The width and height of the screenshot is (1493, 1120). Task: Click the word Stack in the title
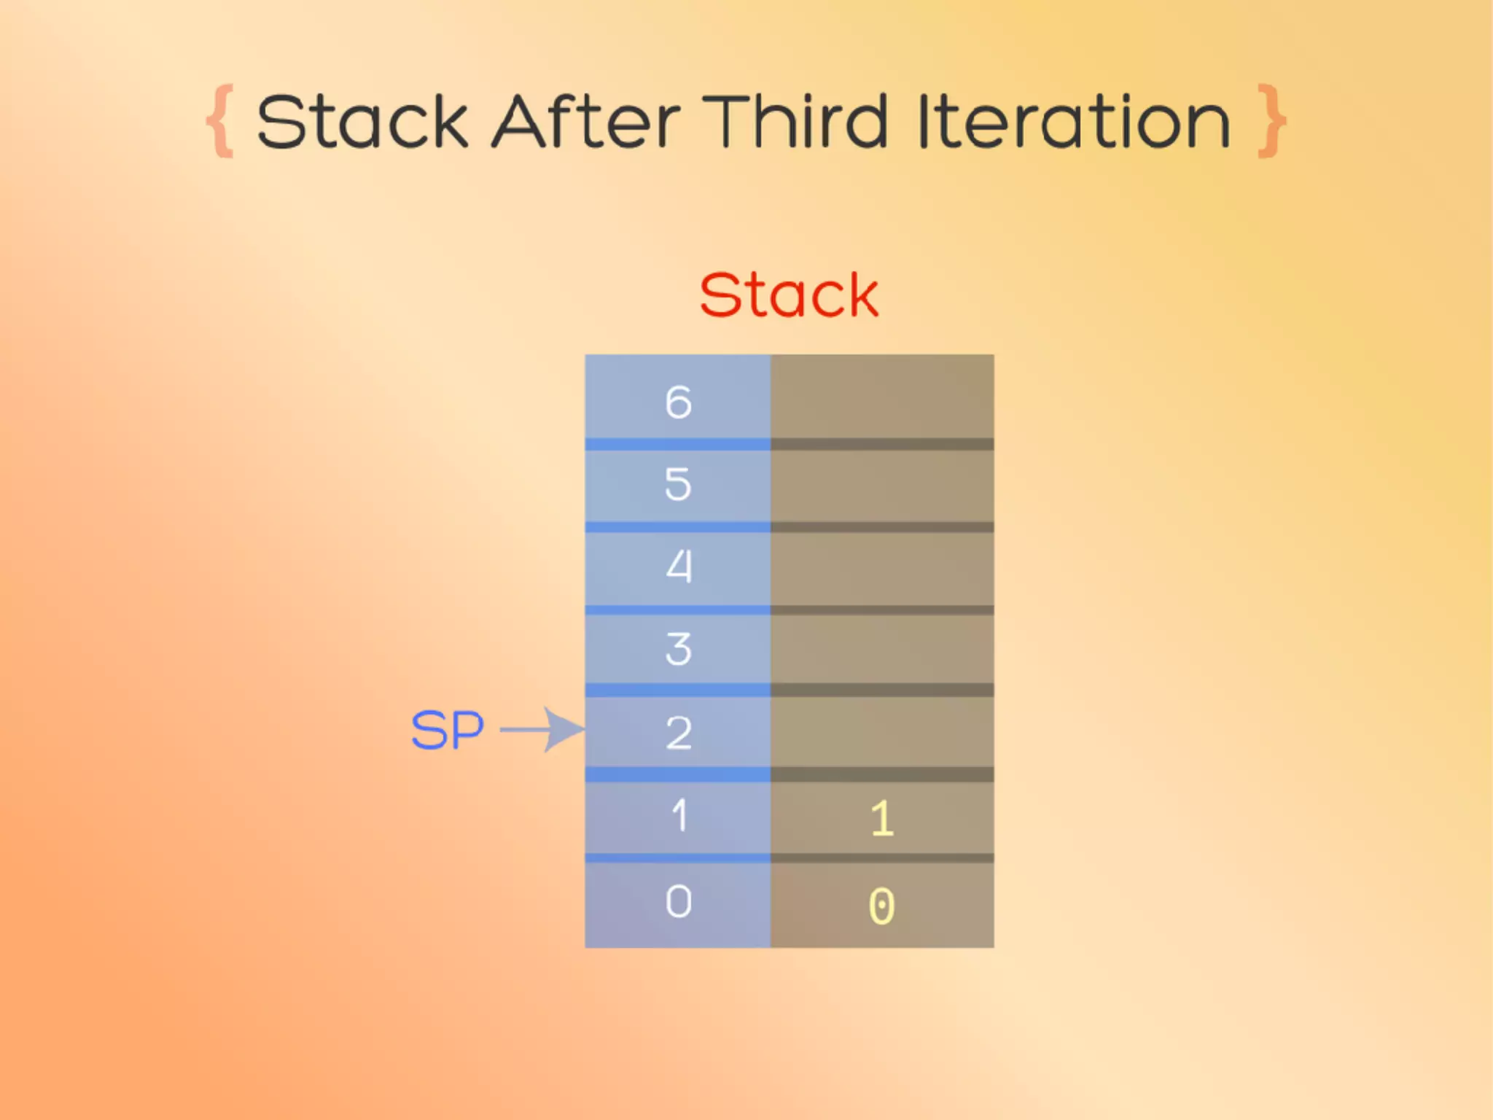362,122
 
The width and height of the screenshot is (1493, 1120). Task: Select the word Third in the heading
794,122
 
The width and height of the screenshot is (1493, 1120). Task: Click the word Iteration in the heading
1074,122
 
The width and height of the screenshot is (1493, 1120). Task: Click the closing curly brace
1271,121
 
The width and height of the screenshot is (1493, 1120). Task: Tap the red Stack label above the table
789,295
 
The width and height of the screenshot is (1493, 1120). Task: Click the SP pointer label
447,731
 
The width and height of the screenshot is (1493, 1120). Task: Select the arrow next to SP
543,729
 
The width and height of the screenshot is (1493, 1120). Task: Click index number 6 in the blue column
678,402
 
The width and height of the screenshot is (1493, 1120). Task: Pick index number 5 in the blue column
678,484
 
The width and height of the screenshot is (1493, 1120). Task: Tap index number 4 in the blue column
678,567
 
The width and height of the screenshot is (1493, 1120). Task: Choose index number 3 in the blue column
678,649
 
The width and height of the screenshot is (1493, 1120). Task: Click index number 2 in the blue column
678,733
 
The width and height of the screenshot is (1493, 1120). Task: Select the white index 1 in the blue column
678,815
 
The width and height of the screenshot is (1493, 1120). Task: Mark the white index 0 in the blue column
678,902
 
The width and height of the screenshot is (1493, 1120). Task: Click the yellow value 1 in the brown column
882,818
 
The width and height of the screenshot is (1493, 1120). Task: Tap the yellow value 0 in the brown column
882,906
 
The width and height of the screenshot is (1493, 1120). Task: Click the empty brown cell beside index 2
882,731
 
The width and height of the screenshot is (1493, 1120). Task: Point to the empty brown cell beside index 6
882,397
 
